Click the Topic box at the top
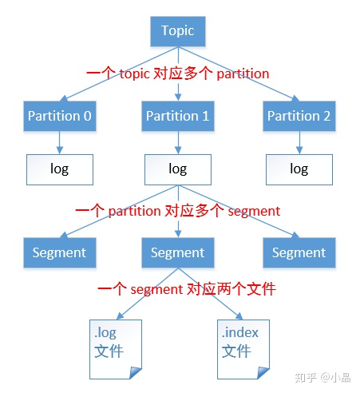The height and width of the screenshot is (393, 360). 177,32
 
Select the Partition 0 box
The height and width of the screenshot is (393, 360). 59,117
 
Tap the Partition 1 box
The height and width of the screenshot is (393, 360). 177,117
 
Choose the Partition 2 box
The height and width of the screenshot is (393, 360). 299,117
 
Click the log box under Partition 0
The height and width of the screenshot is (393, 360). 59,169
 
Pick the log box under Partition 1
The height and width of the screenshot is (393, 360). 177,169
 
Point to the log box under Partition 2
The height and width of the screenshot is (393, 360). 299,169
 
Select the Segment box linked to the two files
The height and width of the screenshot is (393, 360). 177,252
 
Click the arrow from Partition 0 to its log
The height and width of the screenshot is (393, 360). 59,143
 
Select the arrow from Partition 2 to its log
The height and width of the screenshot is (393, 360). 299,143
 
